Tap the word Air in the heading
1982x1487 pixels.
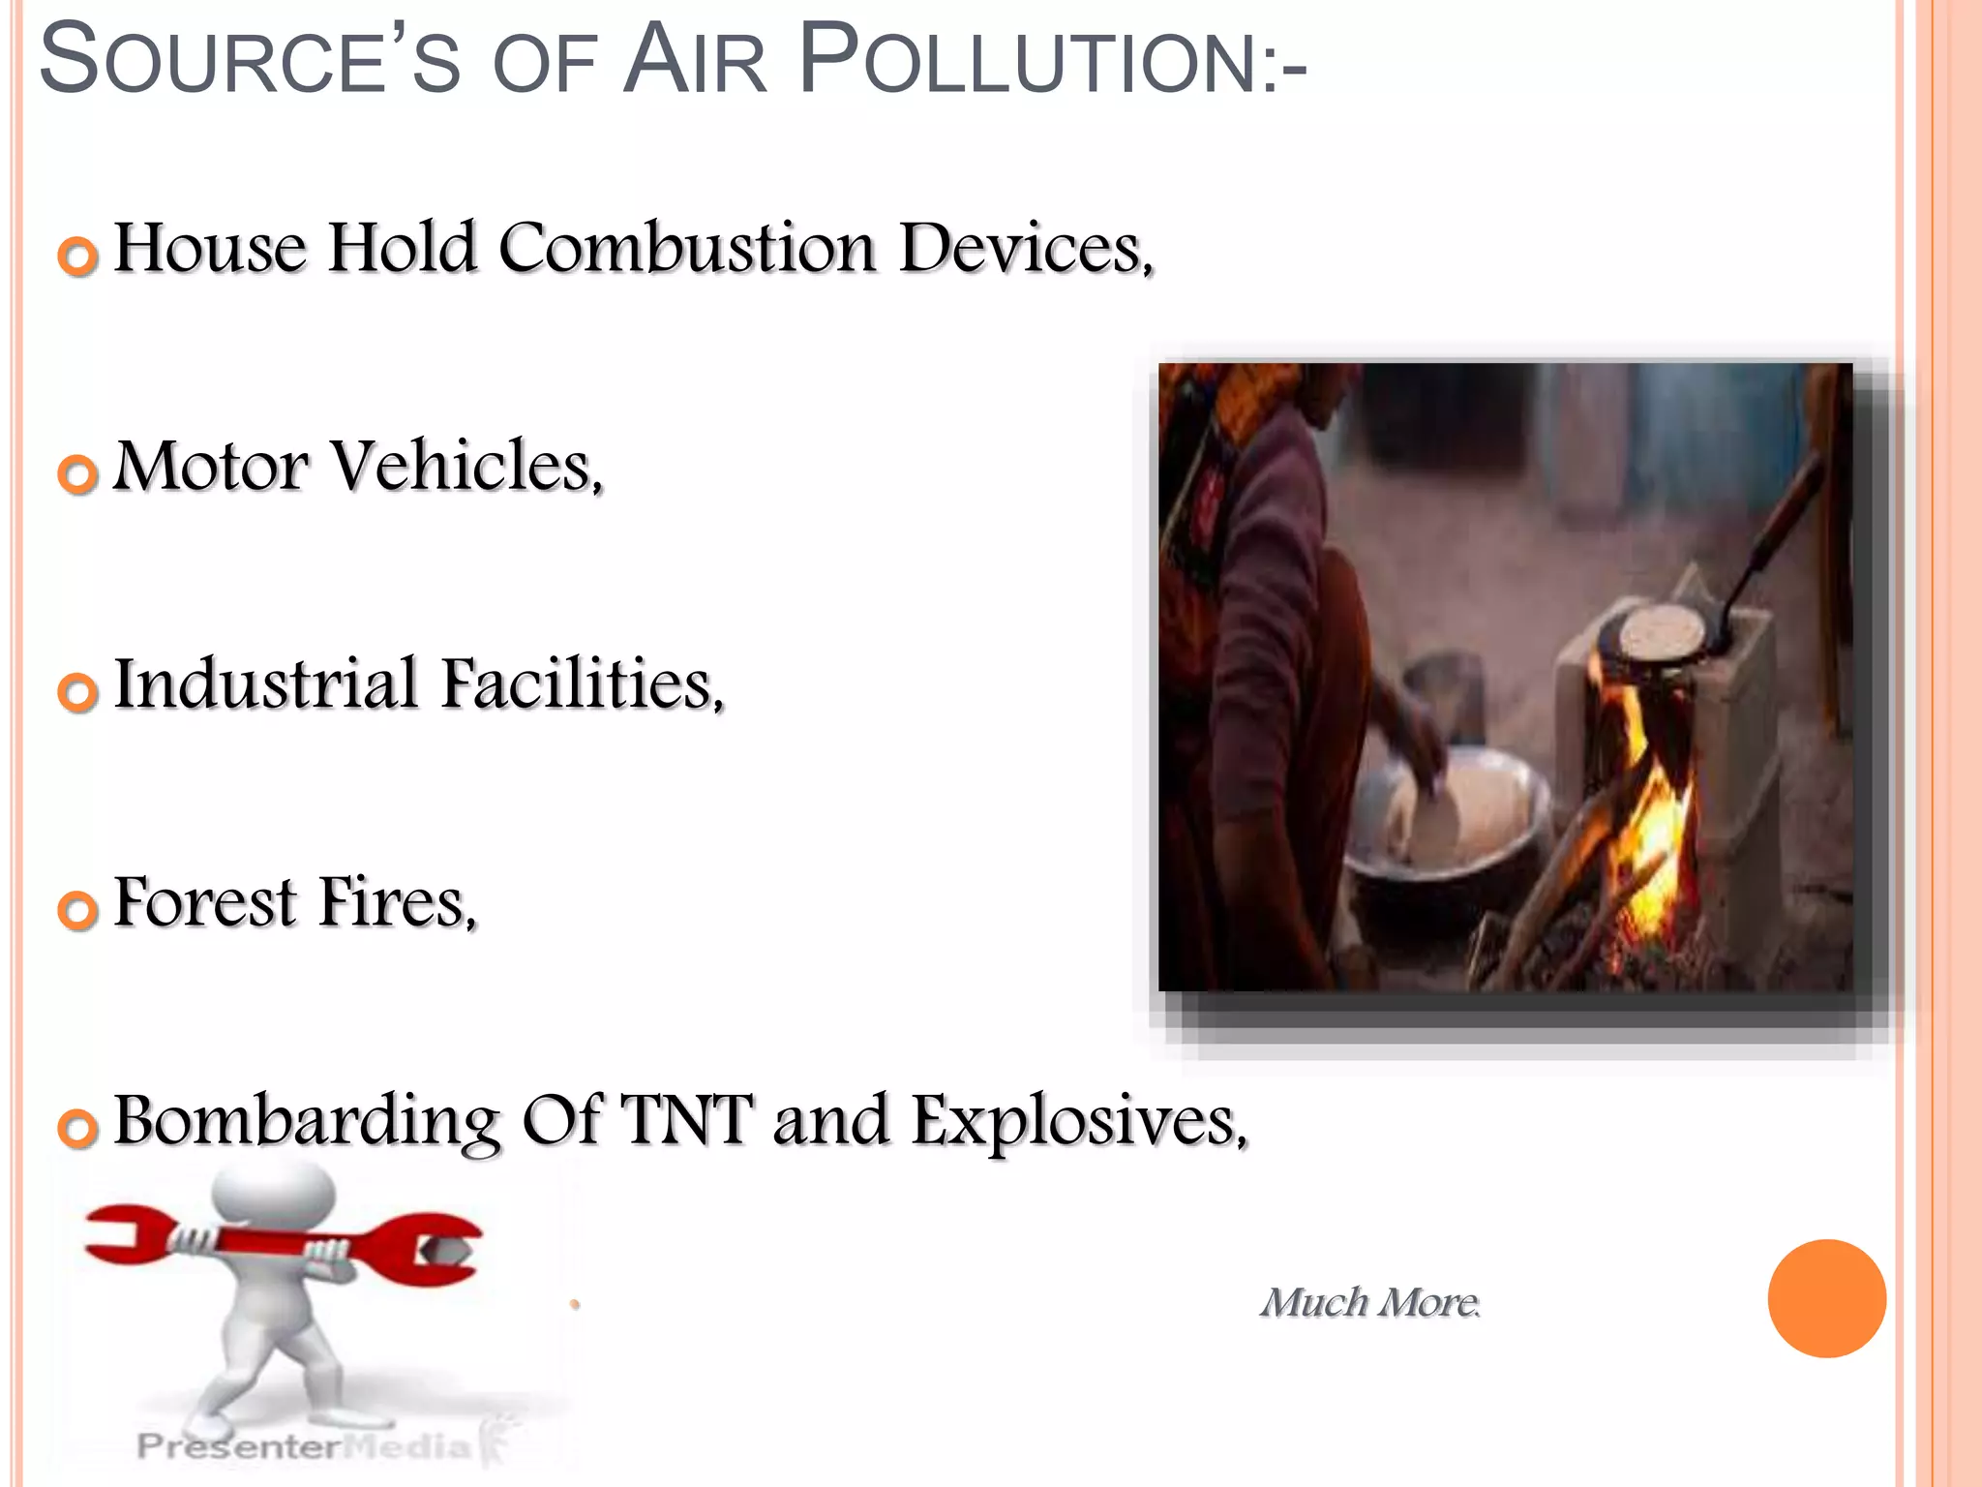coord(694,62)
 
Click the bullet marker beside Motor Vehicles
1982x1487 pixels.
coord(77,474)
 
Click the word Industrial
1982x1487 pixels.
coord(266,683)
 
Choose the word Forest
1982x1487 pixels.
coord(205,902)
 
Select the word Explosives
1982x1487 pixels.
coord(1078,1122)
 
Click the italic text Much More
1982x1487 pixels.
coord(1368,1303)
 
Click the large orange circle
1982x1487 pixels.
coord(1826,1298)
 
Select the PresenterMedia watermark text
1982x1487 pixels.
coord(305,1446)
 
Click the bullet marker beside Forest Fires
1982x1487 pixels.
coord(77,910)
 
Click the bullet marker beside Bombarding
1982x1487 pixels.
coord(77,1128)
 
